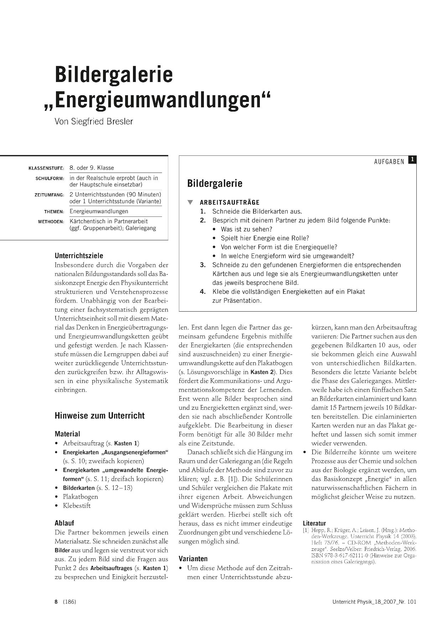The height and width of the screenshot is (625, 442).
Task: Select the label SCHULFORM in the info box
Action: point(50,178)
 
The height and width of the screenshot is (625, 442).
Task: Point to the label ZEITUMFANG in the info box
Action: point(49,195)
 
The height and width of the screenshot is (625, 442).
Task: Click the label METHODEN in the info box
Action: point(51,222)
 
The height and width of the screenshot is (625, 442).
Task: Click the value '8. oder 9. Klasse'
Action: point(92,168)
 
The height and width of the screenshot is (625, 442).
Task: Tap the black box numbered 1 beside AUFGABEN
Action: point(412,159)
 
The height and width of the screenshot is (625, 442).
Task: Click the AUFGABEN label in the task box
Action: point(389,162)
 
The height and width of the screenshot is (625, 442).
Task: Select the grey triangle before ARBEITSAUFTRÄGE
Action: point(190,203)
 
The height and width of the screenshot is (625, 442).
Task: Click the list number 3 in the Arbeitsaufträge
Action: point(203,265)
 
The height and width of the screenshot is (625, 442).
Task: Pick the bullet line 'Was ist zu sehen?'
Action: point(246,229)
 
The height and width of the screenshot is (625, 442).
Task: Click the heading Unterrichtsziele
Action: point(79,256)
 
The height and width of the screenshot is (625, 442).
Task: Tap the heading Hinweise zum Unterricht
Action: point(99,416)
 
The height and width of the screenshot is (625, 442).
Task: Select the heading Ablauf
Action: point(64,523)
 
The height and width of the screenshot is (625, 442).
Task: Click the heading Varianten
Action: point(193,559)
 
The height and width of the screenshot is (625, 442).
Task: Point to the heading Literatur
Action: point(314,523)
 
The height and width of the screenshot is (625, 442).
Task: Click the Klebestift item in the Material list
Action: point(77,506)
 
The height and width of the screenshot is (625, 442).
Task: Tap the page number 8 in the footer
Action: point(56,602)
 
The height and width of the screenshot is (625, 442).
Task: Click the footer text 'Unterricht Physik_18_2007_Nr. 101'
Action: point(374,602)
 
